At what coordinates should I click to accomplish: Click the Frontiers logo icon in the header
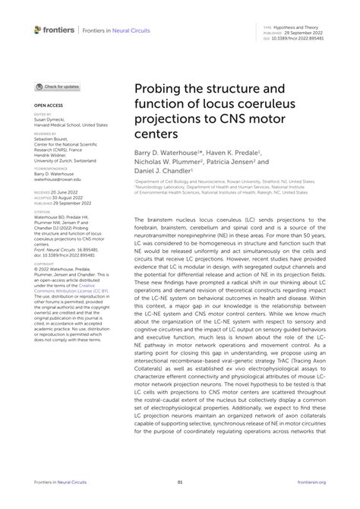tap(38, 30)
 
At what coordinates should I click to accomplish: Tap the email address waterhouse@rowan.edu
tap(58, 180)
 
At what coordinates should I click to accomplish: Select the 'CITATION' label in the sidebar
tap(43, 212)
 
